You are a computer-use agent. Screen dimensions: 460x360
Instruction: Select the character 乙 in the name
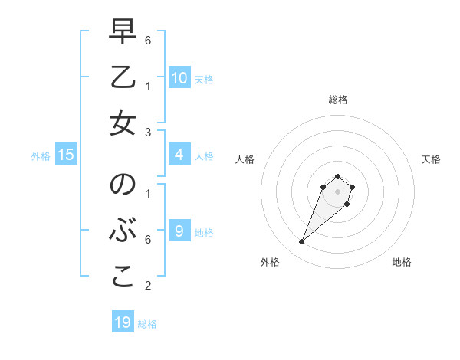coord(122,77)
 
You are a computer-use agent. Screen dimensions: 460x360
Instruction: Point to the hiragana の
coord(122,185)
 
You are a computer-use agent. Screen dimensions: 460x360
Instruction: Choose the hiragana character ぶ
coord(122,231)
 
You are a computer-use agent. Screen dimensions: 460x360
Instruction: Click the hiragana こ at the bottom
coord(122,277)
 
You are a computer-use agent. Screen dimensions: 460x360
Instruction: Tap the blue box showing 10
coord(179,77)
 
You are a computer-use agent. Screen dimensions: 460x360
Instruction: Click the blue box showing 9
coord(179,231)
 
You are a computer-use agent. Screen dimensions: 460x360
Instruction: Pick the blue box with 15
coord(66,155)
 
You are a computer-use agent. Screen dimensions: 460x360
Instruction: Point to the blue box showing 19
coord(123,322)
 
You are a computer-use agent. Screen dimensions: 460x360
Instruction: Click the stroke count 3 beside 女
coord(147,133)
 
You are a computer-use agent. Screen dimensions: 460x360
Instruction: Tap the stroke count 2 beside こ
coord(147,286)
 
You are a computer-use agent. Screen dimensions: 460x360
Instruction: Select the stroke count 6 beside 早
coord(147,39)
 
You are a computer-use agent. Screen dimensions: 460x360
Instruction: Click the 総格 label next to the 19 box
coord(147,324)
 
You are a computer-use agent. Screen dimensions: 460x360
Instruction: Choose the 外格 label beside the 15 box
coord(41,156)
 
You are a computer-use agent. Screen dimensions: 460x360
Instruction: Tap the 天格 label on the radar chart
coord(431,159)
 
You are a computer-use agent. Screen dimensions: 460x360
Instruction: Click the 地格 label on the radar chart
coord(402,262)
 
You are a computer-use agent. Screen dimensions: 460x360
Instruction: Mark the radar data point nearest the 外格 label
coord(302,242)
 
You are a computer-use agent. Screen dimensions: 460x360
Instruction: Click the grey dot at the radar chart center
coord(337,191)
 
